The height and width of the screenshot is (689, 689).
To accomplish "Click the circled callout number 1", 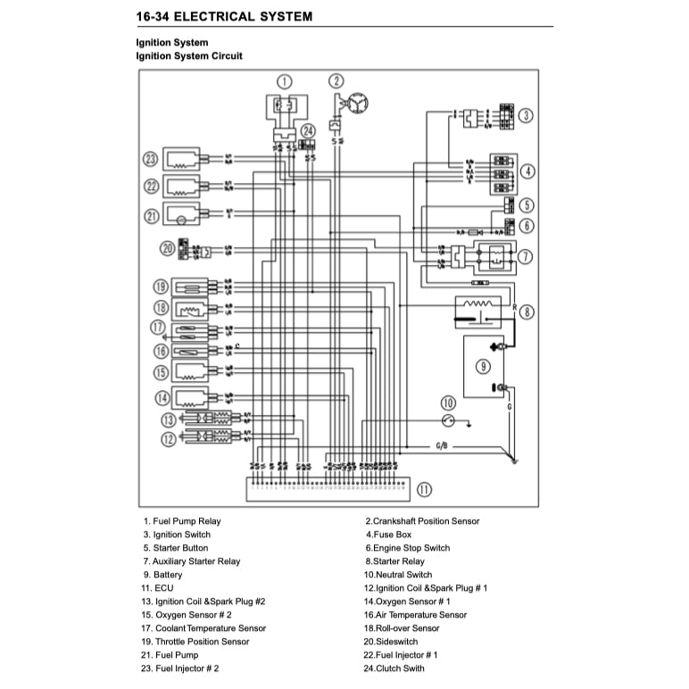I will click(x=284, y=81).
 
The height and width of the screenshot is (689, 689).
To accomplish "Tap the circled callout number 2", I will click(x=336, y=81).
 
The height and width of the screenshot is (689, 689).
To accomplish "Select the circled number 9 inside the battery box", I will click(x=483, y=366).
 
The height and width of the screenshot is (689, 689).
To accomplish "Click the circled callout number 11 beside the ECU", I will click(x=424, y=489).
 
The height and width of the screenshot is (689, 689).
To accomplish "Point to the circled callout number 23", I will click(x=151, y=160).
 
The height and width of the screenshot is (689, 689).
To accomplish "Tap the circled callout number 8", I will click(x=527, y=312).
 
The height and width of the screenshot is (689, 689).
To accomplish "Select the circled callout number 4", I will click(x=527, y=170).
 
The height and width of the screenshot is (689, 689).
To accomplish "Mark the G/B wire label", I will click(x=443, y=444).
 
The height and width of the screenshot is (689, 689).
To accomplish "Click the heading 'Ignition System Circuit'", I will click(x=188, y=56).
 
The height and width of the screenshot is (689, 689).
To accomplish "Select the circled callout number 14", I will click(x=162, y=398).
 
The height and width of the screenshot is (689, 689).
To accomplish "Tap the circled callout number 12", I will click(x=167, y=438).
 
